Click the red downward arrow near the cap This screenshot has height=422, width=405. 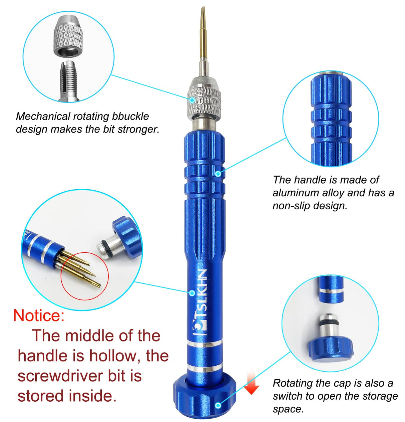(252, 384)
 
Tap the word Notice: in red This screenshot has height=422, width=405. (39, 315)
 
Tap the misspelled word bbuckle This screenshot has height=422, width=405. (130, 117)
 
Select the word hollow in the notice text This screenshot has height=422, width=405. (113, 356)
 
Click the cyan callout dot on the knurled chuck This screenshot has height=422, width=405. (192, 99)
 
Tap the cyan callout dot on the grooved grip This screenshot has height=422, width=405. (218, 173)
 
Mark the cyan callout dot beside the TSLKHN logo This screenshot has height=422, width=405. (192, 293)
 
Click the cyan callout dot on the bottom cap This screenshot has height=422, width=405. (218, 405)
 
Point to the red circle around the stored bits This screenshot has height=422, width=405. (85, 276)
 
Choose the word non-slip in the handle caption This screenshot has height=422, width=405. (289, 206)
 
